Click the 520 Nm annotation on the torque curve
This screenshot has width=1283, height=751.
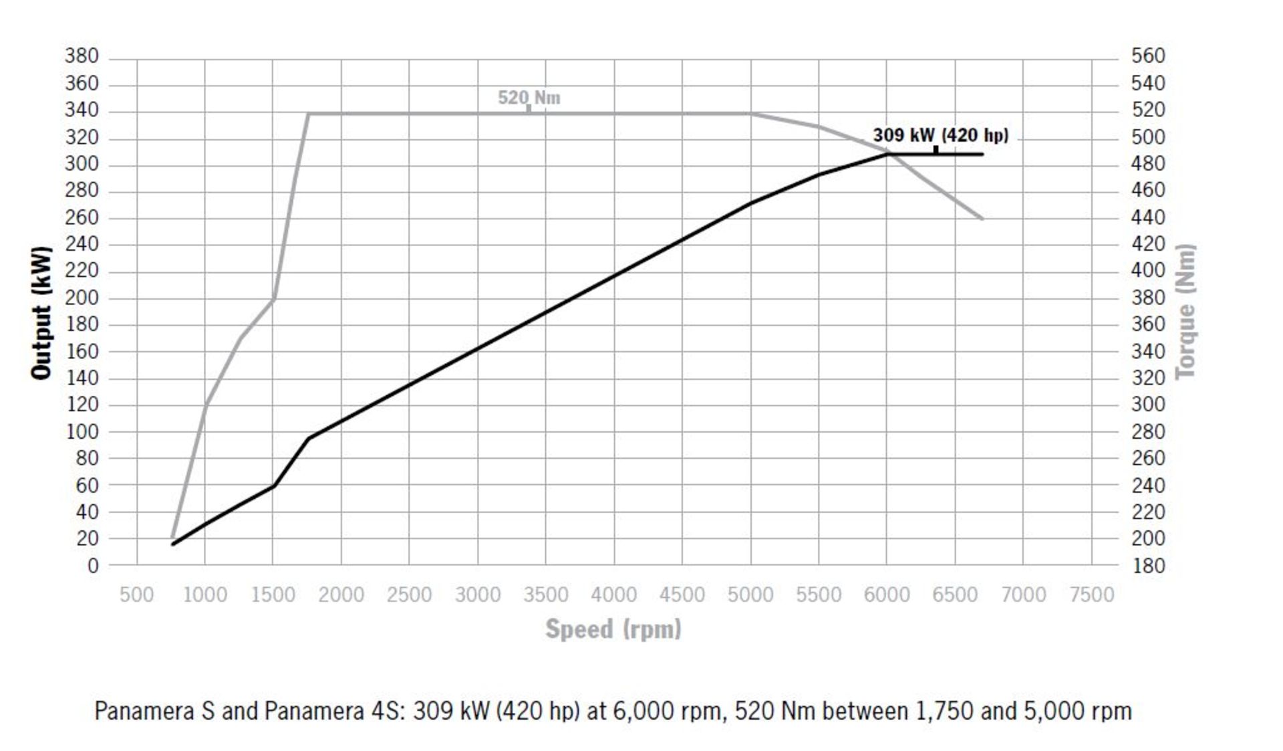point(529,98)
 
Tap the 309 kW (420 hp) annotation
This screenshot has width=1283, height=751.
point(940,135)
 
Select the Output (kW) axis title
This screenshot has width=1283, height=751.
point(41,313)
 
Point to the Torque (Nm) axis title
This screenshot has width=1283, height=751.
point(1186,312)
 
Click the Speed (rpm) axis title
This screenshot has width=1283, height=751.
point(613,629)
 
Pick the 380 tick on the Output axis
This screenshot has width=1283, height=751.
point(82,56)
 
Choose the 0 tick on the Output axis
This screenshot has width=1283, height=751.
point(93,566)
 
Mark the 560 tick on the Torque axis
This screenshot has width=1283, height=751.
point(1148,56)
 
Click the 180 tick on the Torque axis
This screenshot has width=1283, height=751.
point(1148,566)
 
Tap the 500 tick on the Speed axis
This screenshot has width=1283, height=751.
point(136,595)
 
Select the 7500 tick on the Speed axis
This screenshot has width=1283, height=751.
point(1092,595)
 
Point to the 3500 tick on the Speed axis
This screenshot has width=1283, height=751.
point(545,595)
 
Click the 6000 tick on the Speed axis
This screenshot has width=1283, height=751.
point(887,595)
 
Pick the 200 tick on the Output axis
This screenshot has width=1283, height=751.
point(82,298)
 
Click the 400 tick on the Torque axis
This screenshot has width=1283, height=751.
point(1148,271)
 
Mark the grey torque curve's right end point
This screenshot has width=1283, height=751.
point(982,219)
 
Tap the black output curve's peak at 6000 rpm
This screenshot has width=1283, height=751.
point(887,154)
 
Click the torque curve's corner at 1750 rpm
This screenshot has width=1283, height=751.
point(307,114)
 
